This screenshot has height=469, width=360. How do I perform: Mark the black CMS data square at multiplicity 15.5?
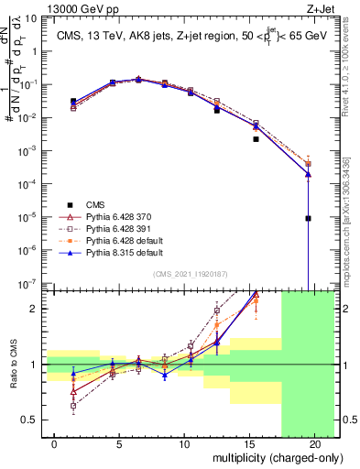point(256,139)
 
